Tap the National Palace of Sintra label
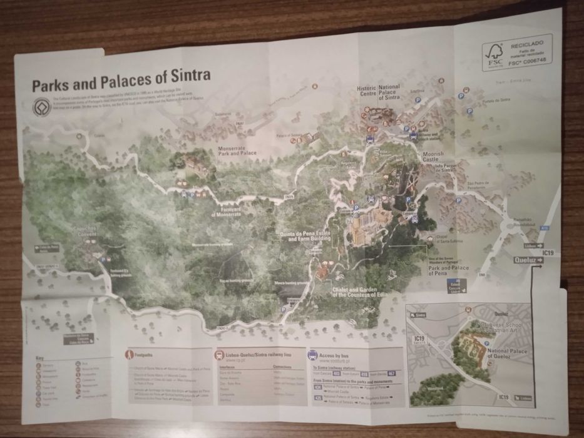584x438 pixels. tap(389, 92)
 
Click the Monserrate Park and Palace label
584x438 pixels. tap(237, 150)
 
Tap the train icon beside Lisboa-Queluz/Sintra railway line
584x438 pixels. tap(220, 355)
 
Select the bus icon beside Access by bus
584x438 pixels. tap(312, 355)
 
